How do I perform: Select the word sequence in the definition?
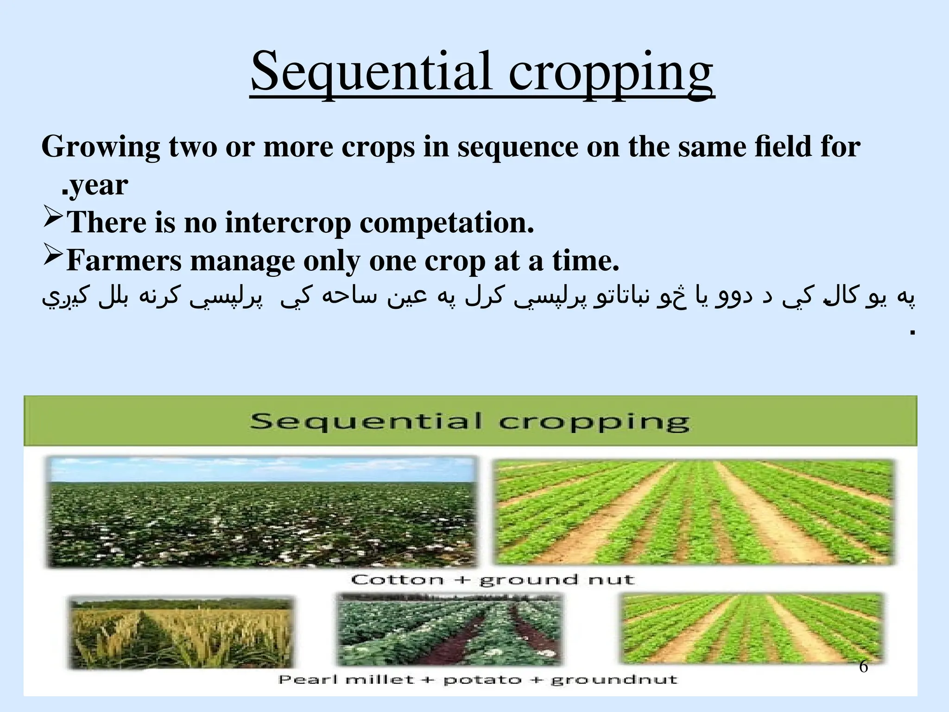pyautogui.click(x=518, y=147)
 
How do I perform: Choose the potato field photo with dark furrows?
pyautogui.click(x=449, y=629)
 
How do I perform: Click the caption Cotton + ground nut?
pyautogui.click(x=492, y=580)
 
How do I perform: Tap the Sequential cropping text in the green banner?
pyautogui.click(x=469, y=422)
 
